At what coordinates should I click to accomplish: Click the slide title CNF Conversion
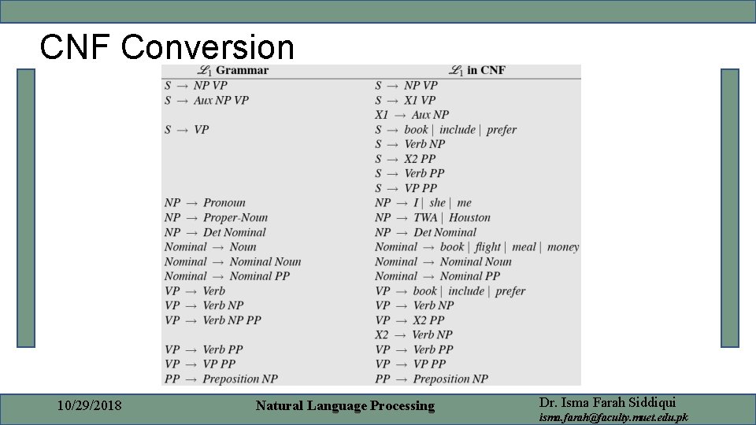(x=167, y=47)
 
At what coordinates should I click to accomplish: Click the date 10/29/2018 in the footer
(x=90, y=406)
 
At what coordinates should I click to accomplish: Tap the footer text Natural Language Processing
(x=345, y=406)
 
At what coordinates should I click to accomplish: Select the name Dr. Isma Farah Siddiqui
(x=608, y=401)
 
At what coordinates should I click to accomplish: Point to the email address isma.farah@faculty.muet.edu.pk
(x=613, y=417)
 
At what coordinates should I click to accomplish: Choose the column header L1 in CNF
(x=477, y=71)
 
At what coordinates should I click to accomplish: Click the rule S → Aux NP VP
(x=206, y=101)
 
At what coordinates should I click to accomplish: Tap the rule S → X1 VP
(x=405, y=101)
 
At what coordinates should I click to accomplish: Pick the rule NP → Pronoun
(x=205, y=203)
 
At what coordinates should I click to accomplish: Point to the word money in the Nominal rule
(x=562, y=247)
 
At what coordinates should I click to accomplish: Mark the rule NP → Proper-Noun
(x=216, y=218)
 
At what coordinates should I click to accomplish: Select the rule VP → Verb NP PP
(x=213, y=320)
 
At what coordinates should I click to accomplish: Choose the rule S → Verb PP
(x=409, y=173)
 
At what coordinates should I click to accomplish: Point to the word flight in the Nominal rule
(x=487, y=247)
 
